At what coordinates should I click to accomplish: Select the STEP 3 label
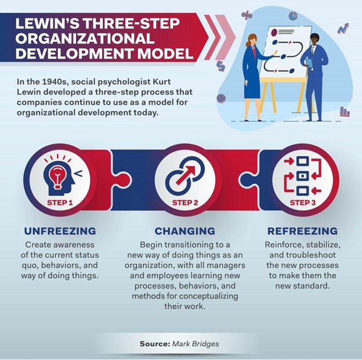coord(303,203)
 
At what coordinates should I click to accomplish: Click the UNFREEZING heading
coord(60,231)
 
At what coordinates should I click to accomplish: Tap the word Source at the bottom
coord(154,344)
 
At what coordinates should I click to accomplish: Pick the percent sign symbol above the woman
coord(247,15)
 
